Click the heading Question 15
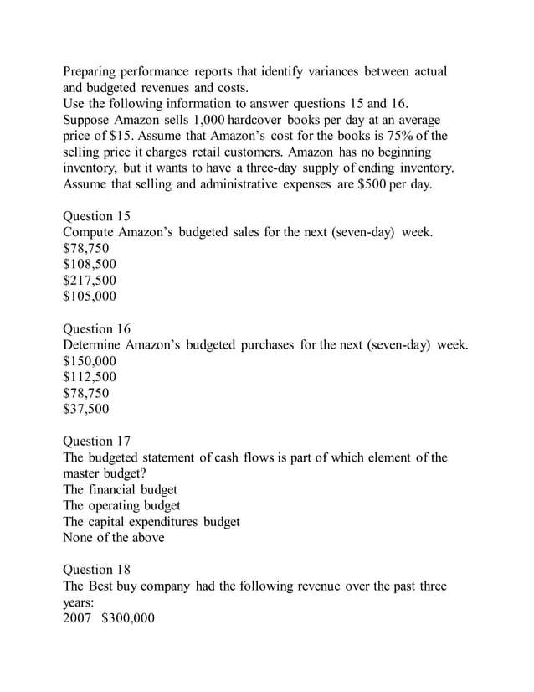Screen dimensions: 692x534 (96, 215)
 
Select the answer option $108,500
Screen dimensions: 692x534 (90, 264)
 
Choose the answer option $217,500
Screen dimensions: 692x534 (90, 280)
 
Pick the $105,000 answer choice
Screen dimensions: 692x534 (90, 296)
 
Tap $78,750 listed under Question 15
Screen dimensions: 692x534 (86, 248)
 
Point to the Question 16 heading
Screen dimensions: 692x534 (96, 328)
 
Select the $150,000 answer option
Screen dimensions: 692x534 (90, 361)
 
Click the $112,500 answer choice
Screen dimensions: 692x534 (90, 377)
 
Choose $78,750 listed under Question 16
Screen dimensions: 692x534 (86, 393)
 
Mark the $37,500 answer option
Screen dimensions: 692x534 (86, 409)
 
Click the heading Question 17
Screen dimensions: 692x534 (96, 441)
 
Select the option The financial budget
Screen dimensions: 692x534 (120, 489)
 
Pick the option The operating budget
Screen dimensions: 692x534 (121, 505)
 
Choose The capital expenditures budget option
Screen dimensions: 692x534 (151, 521)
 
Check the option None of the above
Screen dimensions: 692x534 (114, 537)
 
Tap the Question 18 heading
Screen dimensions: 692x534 (96, 570)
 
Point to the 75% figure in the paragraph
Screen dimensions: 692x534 (405, 136)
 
